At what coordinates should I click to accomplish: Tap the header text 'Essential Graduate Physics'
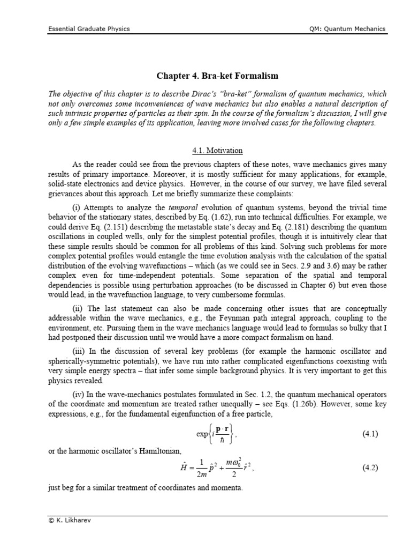pos(88,29)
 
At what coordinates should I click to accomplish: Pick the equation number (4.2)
pos(370,467)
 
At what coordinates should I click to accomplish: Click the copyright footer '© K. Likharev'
pos(67,521)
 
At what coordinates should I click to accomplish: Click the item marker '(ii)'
pos(78,308)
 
